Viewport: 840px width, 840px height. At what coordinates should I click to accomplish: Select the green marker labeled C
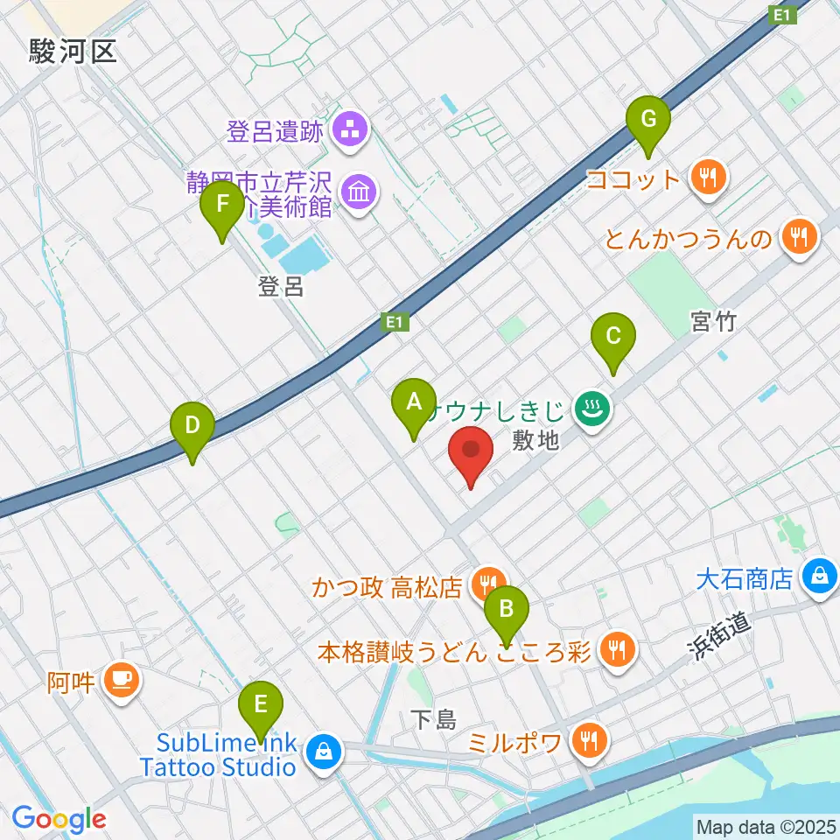click(613, 337)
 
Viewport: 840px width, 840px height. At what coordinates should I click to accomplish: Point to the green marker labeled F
click(222, 206)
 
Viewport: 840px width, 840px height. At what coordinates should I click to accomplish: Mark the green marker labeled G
click(648, 118)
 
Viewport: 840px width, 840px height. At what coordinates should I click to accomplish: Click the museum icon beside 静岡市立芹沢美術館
click(359, 192)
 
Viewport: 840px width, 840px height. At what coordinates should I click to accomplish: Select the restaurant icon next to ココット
click(708, 178)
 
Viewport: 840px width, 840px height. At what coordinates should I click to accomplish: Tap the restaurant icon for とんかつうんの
click(797, 236)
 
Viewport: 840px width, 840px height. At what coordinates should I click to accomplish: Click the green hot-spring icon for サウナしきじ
click(591, 408)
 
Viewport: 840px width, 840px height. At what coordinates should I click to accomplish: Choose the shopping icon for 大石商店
click(820, 577)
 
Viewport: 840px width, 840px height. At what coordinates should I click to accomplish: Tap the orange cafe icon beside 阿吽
click(121, 679)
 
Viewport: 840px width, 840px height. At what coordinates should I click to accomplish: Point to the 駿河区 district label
click(72, 52)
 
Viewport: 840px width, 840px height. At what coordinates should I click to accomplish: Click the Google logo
click(59, 819)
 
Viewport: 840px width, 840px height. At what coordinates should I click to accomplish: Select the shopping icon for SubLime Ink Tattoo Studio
click(322, 752)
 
